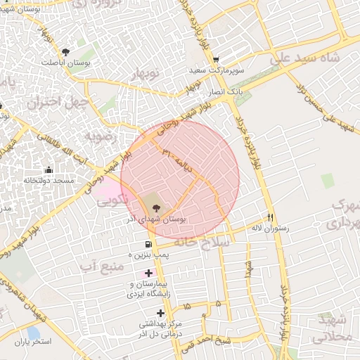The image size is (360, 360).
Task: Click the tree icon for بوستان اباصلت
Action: pos(66,51)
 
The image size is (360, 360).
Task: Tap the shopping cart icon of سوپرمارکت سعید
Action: pos(215,60)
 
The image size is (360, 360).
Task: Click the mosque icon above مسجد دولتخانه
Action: pos(49,169)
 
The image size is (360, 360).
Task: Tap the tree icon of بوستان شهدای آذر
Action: pos(156,208)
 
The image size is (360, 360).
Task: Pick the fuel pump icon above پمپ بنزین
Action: pos(147,243)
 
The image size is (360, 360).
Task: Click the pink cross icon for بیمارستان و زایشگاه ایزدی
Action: pos(148,273)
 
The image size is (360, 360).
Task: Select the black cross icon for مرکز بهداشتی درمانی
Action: pos(161,312)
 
